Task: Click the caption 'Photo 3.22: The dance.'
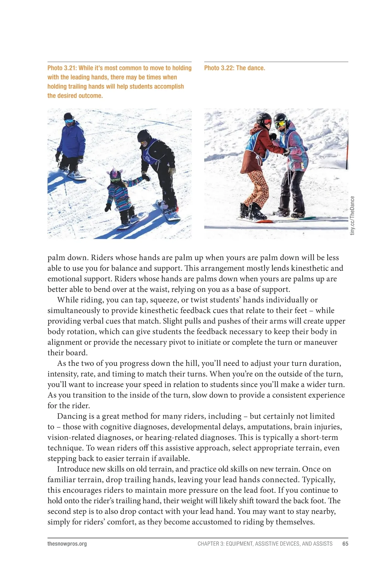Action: (234, 68)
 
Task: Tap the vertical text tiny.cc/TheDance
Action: (352, 215)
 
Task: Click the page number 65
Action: (345, 544)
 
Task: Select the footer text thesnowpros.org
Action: (67, 544)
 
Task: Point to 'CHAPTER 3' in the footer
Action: (210, 544)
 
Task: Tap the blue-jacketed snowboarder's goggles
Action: (68, 121)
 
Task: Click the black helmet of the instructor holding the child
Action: (144, 136)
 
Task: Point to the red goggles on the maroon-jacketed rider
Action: (267, 122)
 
